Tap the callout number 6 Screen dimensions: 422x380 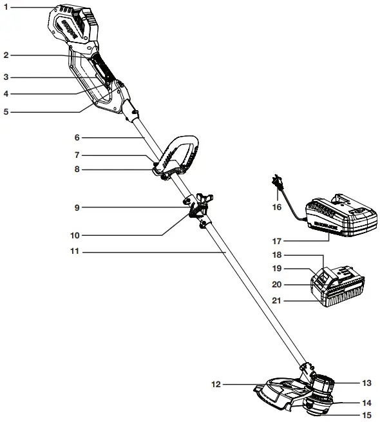[77, 137]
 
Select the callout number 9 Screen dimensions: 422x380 [77, 207]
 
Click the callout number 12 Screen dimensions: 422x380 [216, 384]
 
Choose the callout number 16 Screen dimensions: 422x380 [278, 207]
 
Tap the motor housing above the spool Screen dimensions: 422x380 [322, 385]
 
